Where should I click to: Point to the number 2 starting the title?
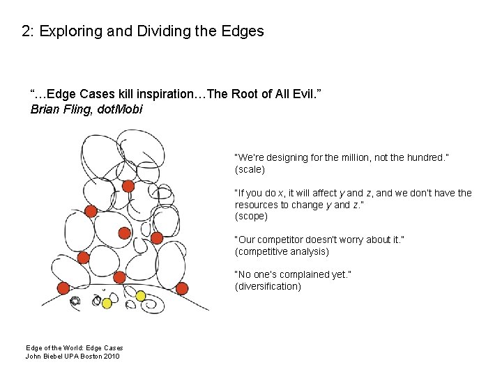[26, 31]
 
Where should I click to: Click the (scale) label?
[250, 169]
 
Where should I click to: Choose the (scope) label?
[252, 217]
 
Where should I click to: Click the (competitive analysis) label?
[282, 251]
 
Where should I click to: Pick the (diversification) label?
[268, 286]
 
